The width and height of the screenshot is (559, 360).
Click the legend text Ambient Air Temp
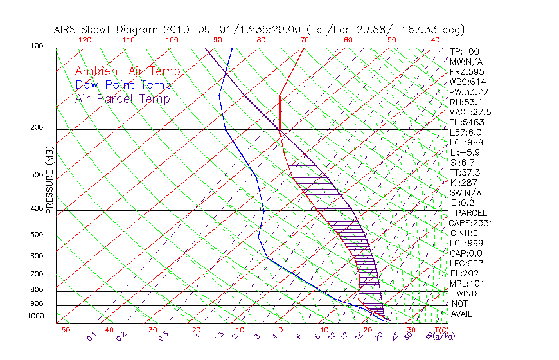(127, 71)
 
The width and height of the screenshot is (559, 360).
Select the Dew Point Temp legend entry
(123, 85)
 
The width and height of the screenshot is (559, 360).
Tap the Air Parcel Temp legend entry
(122, 98)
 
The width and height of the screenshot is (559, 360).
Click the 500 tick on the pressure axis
(36, 235)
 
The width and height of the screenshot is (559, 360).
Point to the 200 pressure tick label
(36, 128)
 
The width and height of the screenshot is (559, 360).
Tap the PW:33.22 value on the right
(469, 92)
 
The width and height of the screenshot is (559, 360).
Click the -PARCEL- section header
(472, 213)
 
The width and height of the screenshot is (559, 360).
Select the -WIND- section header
(467, 293)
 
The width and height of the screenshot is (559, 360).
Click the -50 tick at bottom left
(62, 330)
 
